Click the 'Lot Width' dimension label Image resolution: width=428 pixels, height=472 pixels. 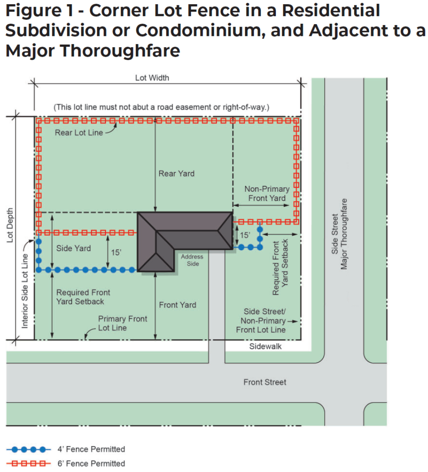(x=152, y=78)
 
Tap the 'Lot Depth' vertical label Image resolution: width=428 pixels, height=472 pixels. (x=10, y=225)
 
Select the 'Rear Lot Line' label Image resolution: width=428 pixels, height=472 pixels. (x=79, y=133)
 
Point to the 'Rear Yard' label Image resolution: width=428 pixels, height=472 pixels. (x=176, y=173)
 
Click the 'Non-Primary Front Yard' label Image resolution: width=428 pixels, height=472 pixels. (x=267, y=193)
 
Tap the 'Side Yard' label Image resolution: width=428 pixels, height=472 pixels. (x=73, y=249)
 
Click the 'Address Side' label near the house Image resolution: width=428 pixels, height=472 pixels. (x=192, y=260)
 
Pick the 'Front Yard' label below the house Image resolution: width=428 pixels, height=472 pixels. (x=178, y=305)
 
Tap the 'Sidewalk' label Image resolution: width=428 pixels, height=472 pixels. (x=265, y=346)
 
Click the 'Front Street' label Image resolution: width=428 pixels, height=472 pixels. (x=265, y=382)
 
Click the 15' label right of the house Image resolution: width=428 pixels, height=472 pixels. (x=245, y=235)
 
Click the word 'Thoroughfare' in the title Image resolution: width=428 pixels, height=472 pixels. (x=121, y=51)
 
